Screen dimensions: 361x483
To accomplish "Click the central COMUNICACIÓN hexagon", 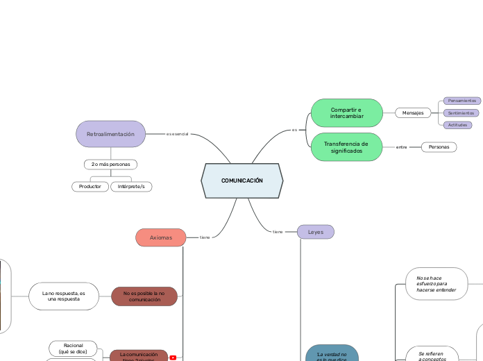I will [242, 180].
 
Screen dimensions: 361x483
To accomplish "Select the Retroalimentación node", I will [110, 134].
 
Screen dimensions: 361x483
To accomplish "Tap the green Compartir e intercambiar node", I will [346, 112].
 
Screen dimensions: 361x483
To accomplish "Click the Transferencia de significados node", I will [346, 147].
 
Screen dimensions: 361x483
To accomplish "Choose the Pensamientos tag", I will [461, 101].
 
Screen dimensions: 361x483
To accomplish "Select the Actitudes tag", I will [457, 125].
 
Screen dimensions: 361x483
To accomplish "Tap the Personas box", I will [439, 147].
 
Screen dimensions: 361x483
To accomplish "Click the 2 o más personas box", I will [110, 165].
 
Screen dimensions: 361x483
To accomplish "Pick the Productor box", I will [90, 187].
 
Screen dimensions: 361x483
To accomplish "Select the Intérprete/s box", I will [131, 187].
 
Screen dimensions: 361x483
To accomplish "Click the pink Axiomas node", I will [161, 237].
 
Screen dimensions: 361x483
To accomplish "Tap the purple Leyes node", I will [315, 232].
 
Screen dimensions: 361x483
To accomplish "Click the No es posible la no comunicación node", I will [144, 296].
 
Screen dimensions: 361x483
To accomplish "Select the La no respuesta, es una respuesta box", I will [63, 296].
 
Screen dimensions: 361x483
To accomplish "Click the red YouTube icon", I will [173, 358].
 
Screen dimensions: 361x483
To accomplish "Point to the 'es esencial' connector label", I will [177, 134].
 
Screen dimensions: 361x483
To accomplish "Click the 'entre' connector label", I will [401, 147].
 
